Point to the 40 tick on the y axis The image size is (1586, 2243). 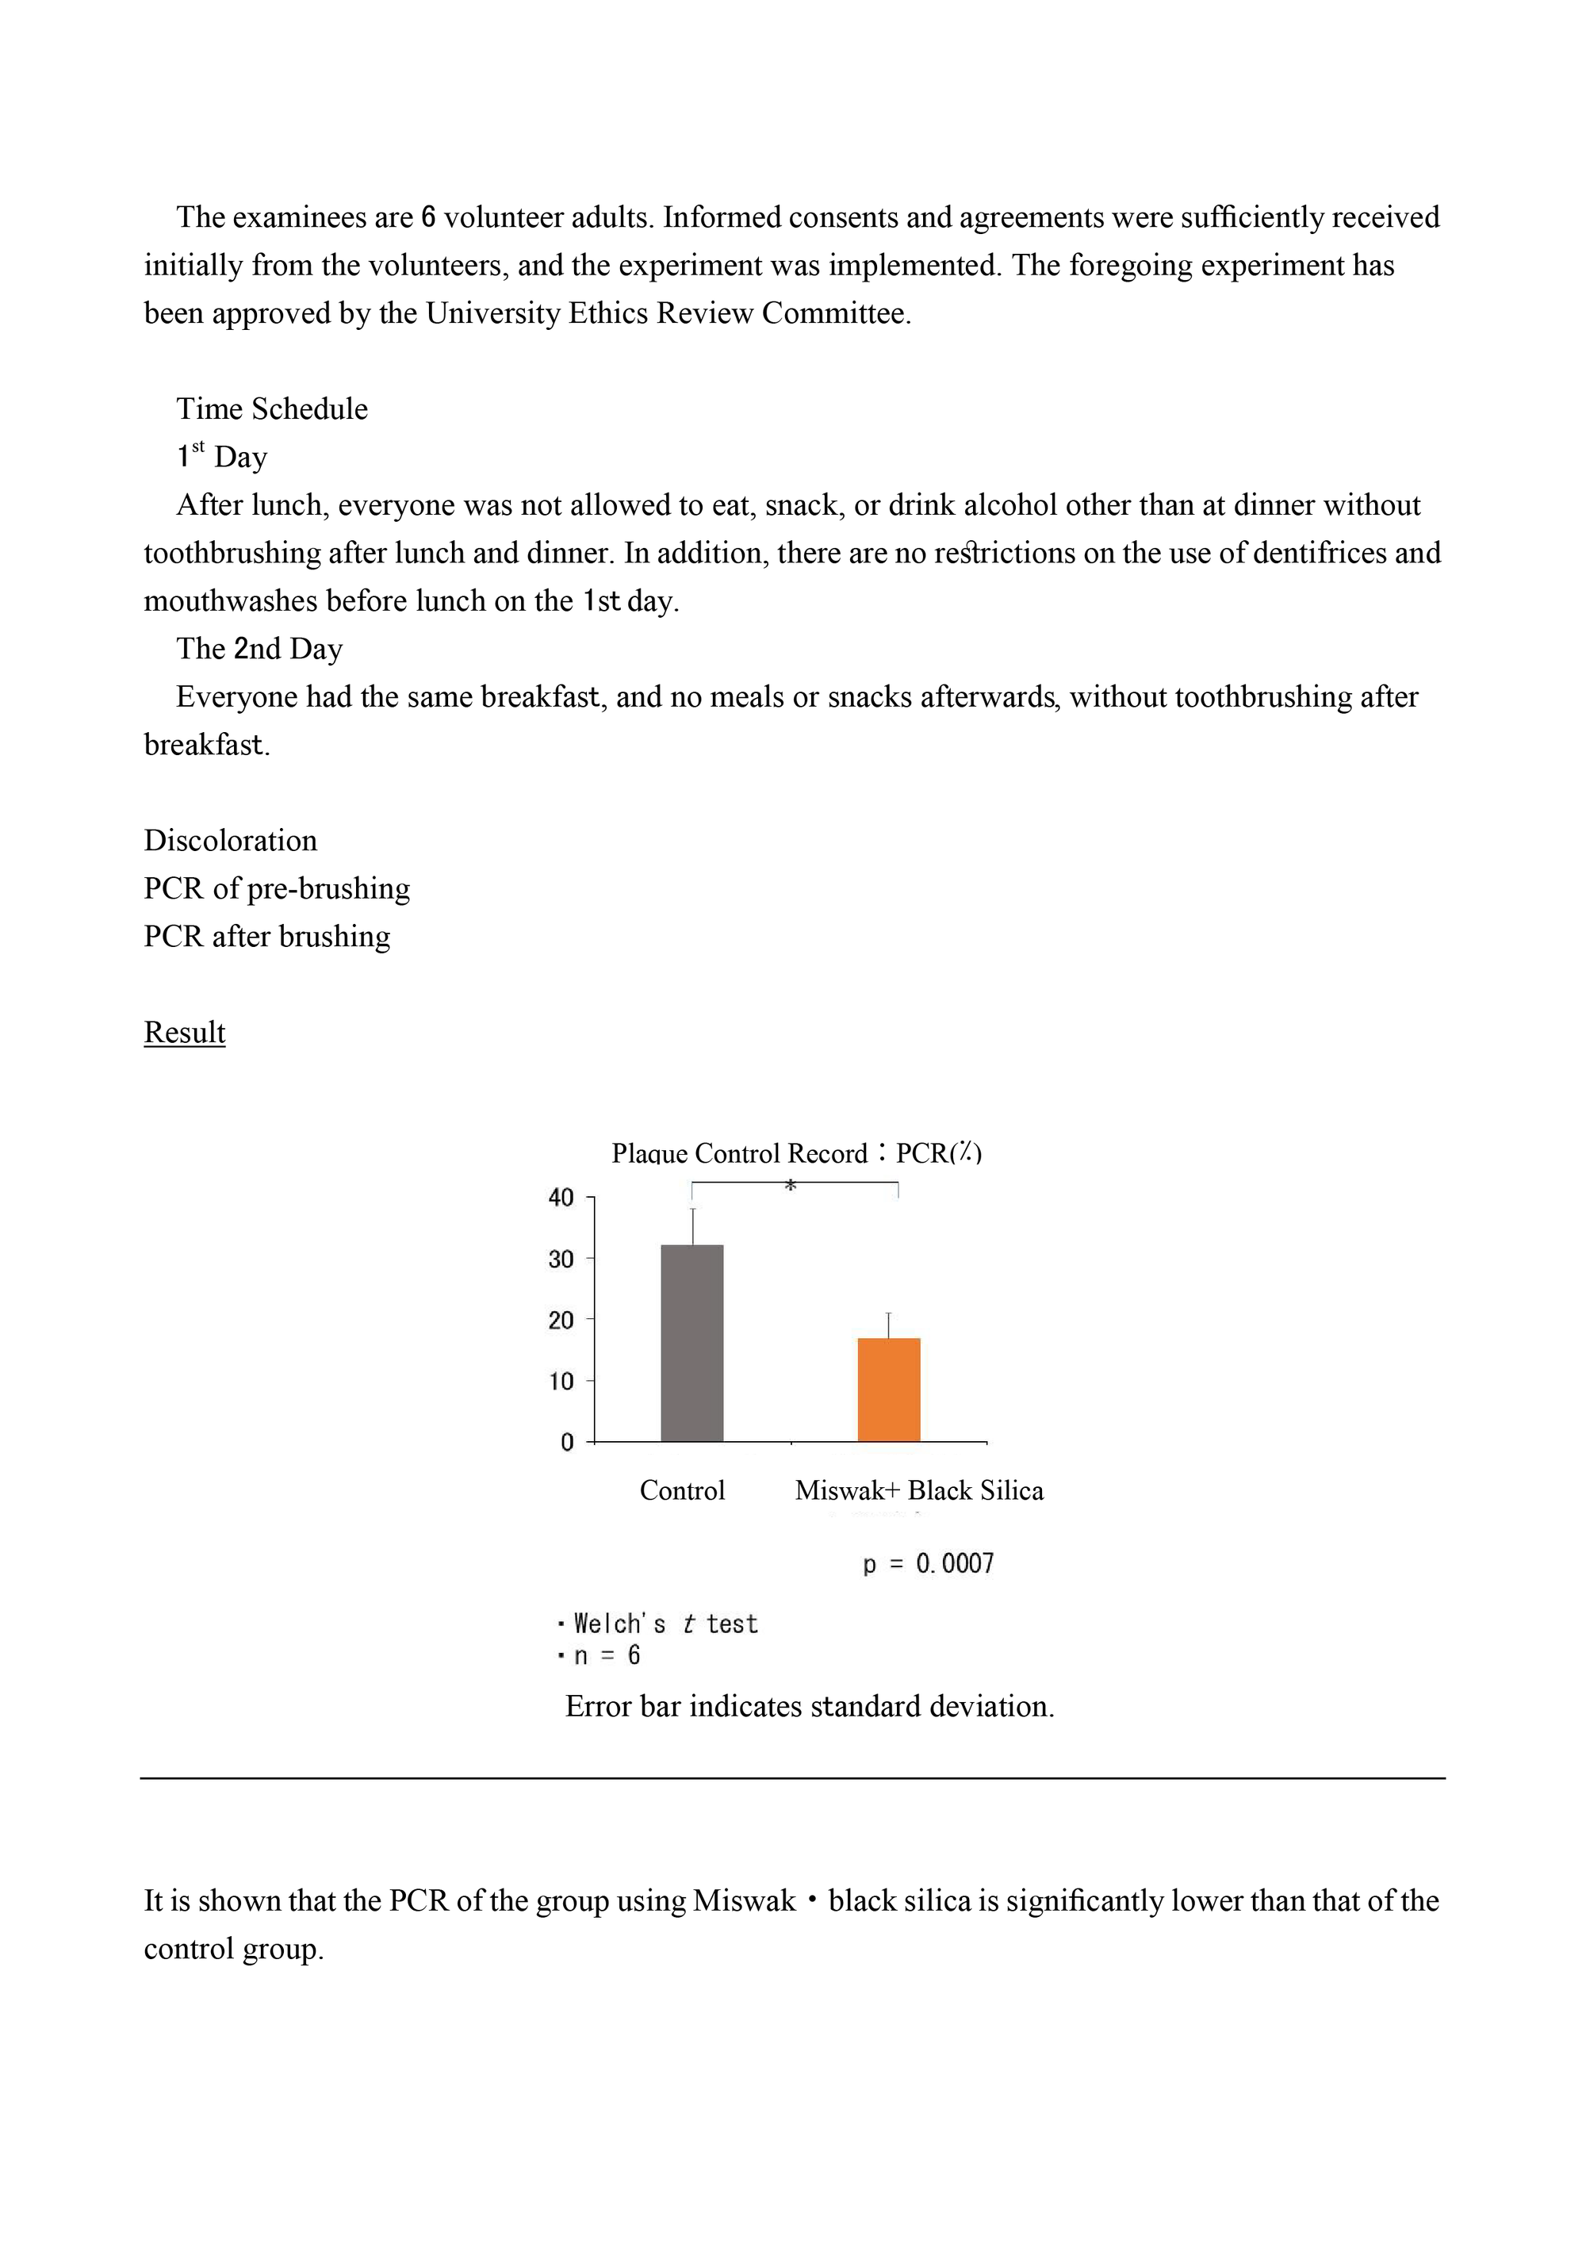click(561, 1198)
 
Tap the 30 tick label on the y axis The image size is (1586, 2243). click(561, 1260)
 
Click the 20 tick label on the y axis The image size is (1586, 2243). click(561, 1320)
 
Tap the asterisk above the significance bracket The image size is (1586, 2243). click(791, 1186)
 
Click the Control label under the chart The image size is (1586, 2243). click(682, 1491)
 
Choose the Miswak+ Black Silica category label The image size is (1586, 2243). click(919, 1491)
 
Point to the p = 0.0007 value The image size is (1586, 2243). click(928, 1564)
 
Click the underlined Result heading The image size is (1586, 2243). click(185, 1033)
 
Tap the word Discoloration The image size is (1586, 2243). click(231, 840)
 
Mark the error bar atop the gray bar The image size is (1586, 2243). click(692, 1226)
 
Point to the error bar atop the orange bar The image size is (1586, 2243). click(889, 1325)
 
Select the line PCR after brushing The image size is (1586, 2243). click(266, 936)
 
